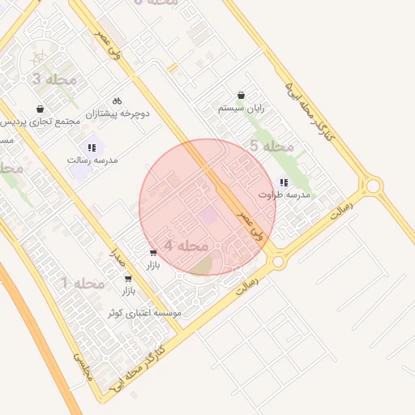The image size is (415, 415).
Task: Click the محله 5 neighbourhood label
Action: click(x=271, y=146)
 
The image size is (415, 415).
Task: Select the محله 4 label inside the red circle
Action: click(x=186, y=245)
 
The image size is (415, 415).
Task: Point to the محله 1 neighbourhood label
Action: click(x=83, y=283)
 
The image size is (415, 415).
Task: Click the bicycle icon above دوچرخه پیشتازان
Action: click(x=118, y=101)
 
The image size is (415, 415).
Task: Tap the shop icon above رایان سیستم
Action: click(x=241, y=95)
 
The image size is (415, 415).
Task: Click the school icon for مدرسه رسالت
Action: click(x=92, y=148)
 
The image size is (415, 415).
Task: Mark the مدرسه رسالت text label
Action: click(x=92, y=160)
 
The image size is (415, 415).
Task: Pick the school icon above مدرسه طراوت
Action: click(x=282, y=182)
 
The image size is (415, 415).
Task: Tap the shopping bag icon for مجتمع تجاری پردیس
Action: click(x=41, y=109)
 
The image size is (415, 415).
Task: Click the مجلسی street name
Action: click(x=83, y=366)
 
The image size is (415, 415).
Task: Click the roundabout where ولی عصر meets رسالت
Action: click(x=278, y=261)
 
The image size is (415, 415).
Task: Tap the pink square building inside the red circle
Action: click(x=209, y=216)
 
